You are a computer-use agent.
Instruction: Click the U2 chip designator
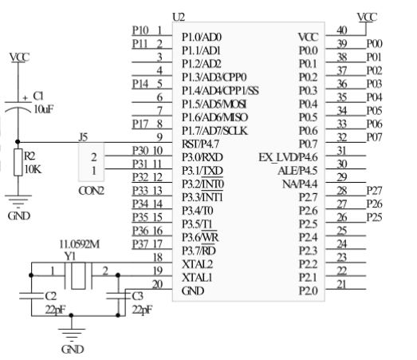click(179, 17)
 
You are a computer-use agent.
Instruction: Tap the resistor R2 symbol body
click(18, 162)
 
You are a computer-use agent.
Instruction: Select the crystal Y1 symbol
click(78, 275)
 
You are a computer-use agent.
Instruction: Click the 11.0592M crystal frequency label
click(80, 244)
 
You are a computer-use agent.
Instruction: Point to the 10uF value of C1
click(44, 109)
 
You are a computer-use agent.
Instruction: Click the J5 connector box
click(91, 162)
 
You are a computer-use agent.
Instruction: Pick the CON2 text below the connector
click(91, 191)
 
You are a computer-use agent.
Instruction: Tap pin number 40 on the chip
click(342, 30)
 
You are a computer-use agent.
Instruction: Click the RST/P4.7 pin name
click(200, 144)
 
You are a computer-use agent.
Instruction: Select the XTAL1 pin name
click(197, 278)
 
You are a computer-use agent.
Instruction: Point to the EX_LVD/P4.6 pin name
click(289, 157)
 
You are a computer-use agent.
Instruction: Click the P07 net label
click(375, 137)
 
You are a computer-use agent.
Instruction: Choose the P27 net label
click(375, 191)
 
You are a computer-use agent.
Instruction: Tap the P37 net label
click(140, 244)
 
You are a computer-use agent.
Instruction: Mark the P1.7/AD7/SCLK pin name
click(215, 131)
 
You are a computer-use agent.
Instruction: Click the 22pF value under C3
click(142, 310)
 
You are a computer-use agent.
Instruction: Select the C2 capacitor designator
click(51, 296)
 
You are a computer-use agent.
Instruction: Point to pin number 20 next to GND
click(157, 284)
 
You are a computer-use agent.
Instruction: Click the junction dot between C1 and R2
click(18, 142)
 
